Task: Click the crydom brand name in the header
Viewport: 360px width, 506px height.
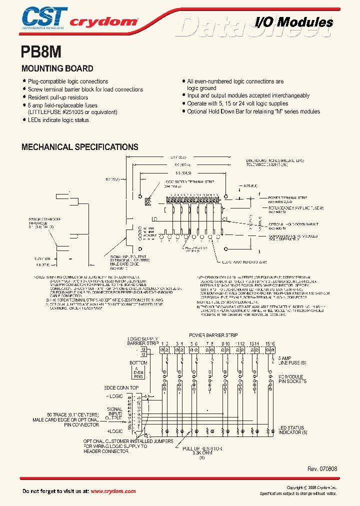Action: coord(103,22)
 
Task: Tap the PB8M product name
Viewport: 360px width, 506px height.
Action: coord(41,51)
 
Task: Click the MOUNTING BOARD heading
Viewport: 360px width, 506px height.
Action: coord(57,68)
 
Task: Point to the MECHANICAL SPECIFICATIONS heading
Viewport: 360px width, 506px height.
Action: coord(79,147)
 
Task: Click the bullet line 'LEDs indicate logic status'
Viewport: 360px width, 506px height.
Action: coord(57,120)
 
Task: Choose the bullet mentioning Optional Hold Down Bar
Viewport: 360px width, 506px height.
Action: coord(253,111)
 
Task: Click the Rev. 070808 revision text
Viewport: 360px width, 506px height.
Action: coord(322,469)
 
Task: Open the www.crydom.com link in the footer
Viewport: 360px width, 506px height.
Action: coord(114,491)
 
